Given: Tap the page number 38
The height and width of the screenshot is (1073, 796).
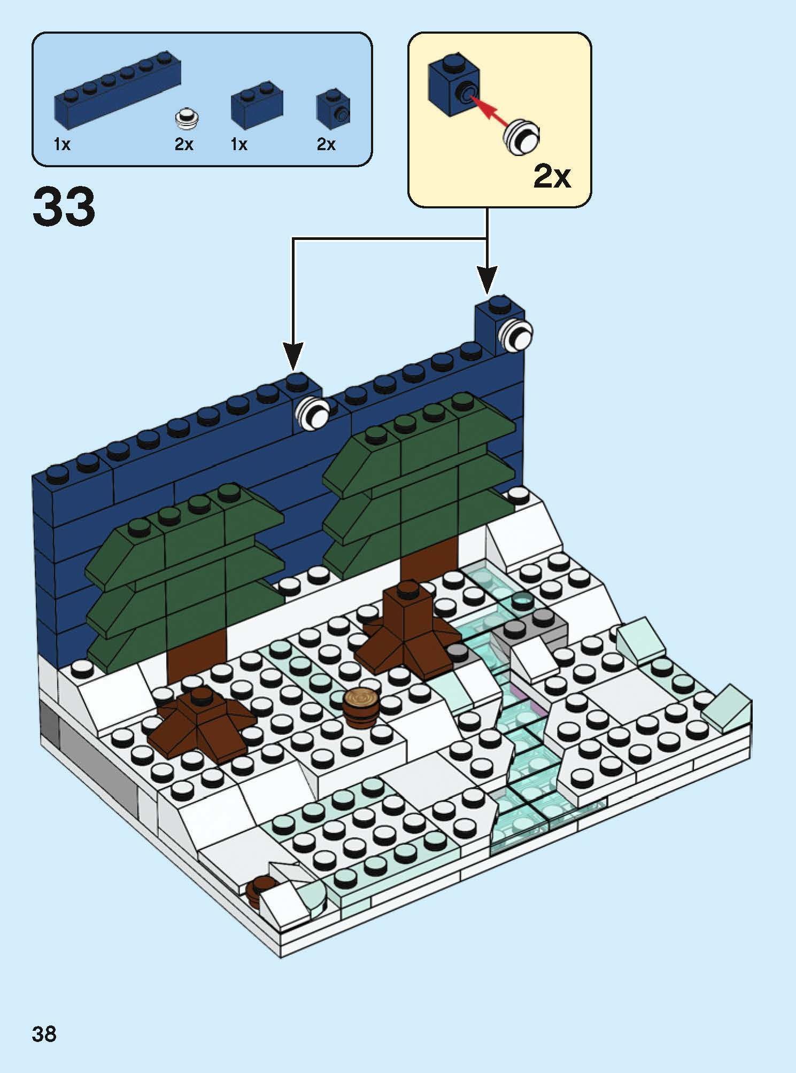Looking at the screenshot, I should [x=44, y=1033].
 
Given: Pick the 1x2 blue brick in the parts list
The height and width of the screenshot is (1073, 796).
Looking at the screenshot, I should [x=256, y=105].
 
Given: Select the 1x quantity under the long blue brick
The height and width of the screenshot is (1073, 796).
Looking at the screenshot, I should [x=62, y=144].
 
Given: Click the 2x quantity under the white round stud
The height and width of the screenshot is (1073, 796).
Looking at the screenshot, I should [x=184, y=144].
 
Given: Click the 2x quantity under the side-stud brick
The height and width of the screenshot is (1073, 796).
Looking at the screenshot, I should [x=326, y=144].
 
